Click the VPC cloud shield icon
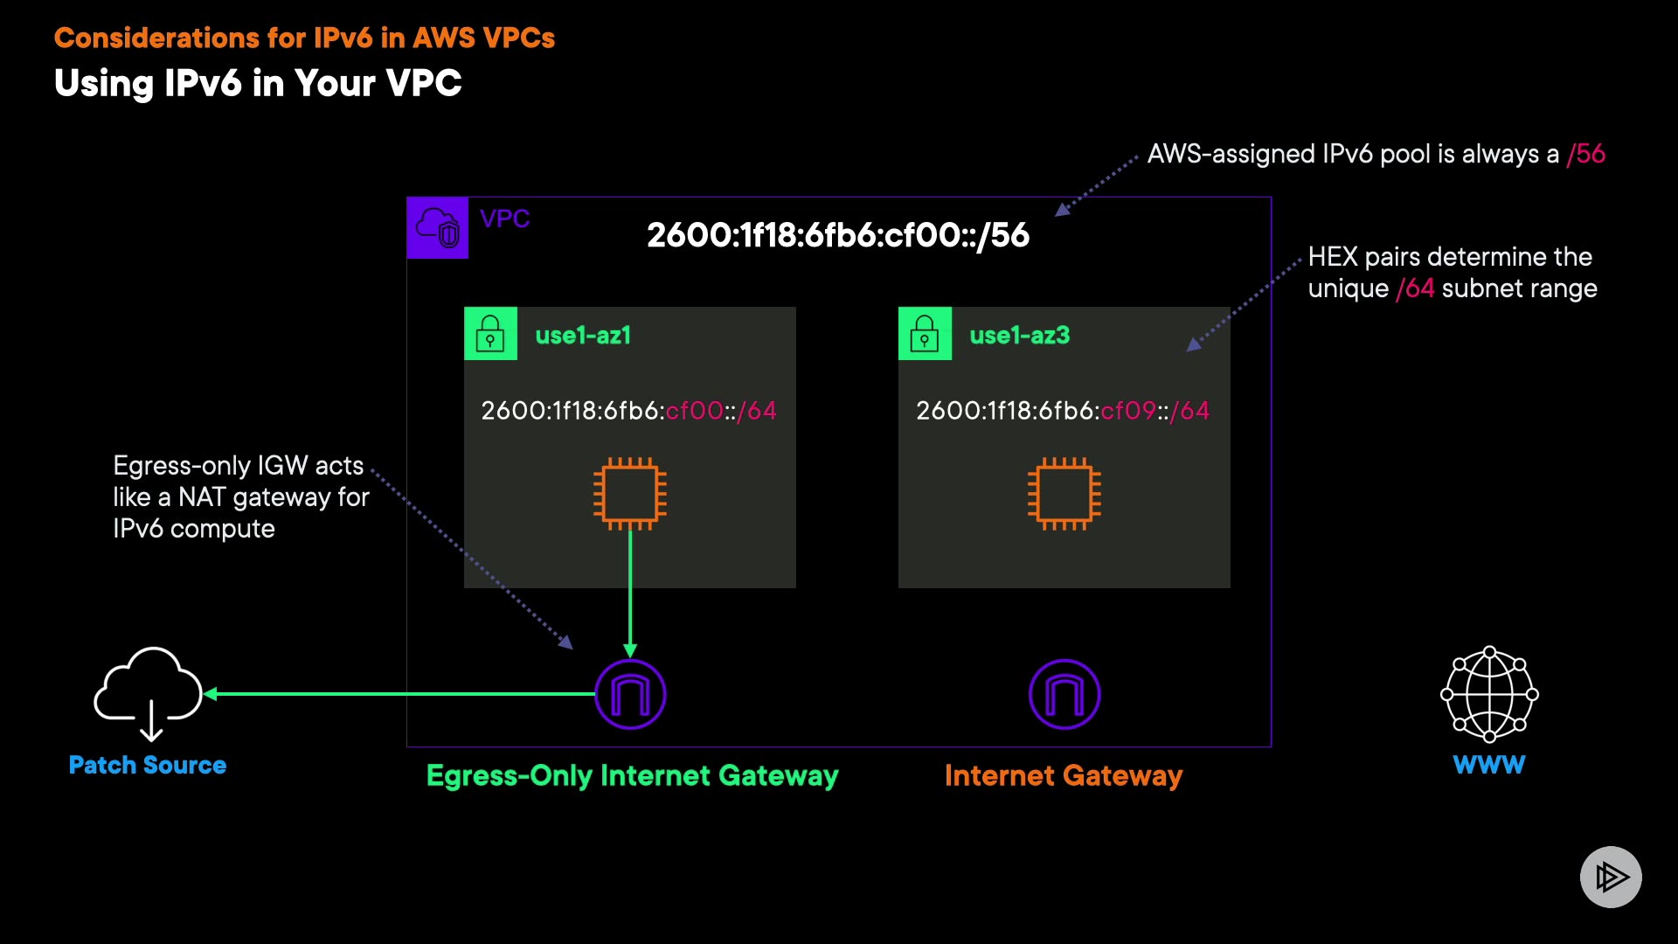[438, 227]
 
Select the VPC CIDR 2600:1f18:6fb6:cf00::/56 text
[838, 235]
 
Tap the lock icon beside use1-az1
[490, 333]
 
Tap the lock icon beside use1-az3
[925, 333]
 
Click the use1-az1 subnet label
[583, 335]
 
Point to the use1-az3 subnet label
[1019, 335]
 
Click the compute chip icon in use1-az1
[630, 494]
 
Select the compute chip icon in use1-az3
[1064, 494]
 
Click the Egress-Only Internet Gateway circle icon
[630, 694]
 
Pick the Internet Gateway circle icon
[1064, 694]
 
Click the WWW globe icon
[1489, 694]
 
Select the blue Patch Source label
[148, 765]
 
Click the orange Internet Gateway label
[1064, 775]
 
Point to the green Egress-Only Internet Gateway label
[633, 775]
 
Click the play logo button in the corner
[1611, 877]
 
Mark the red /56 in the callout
[1586, 154]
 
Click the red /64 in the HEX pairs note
[1415, 288]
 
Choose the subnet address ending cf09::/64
[1063, 411]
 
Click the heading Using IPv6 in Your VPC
[258, 83]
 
